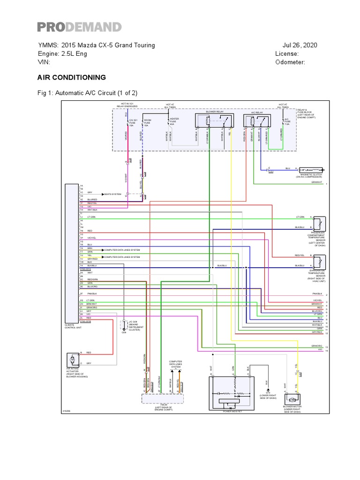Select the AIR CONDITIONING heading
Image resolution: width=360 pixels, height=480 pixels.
tap(71, 77)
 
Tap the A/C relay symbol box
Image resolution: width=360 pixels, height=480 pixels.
tap(255, 121)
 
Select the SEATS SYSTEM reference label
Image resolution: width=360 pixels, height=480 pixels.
tap(112, 193)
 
